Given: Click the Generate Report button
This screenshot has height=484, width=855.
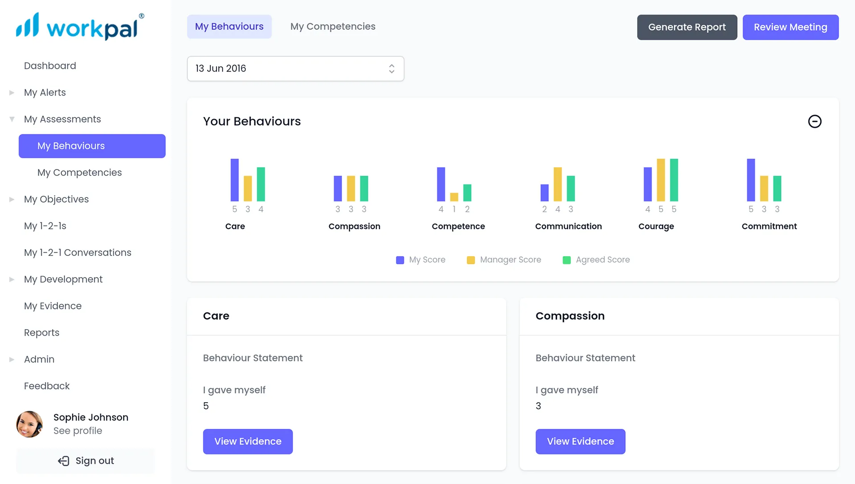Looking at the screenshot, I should tap(687, 27).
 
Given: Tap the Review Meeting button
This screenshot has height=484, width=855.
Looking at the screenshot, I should tap(790, 27).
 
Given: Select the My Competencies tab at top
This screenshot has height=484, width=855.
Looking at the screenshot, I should tap(333, 27).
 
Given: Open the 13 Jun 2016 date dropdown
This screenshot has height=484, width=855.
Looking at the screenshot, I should tap(295, 69).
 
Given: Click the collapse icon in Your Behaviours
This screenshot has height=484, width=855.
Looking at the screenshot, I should tap(814, 121).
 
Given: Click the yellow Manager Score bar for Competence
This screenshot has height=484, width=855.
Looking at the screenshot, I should tap(454, 197).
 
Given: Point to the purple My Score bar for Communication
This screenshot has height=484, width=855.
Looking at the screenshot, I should tap(544, 193).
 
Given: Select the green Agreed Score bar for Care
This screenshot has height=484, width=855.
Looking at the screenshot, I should tap(261, 184).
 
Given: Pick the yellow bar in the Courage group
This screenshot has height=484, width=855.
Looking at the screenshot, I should tap(661, 180).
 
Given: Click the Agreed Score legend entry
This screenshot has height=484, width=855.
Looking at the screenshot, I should tap(596, 260).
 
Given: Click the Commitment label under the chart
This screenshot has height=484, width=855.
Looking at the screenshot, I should tap(769, 226).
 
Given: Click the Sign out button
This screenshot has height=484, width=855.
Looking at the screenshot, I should tap(86, 461).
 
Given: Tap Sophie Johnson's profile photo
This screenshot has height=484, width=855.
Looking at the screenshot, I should tap(29, 424).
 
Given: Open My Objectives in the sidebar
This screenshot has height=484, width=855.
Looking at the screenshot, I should tap(56, 199).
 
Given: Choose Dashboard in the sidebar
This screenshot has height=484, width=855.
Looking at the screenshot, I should tap(50, 66).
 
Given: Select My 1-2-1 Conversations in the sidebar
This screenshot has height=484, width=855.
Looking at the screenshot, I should tap(77, 253).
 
